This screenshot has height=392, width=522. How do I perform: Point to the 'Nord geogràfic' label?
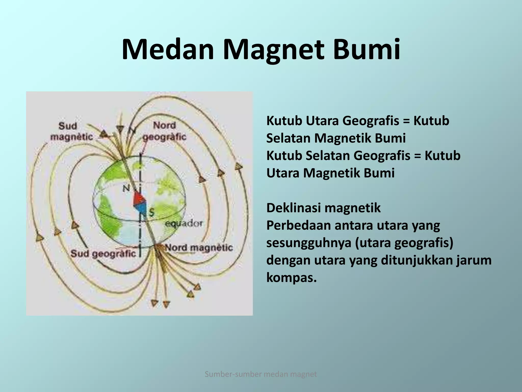coord(165,131)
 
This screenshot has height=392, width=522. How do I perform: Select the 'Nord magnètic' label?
coord(199,248)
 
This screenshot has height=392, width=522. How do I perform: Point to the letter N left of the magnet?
coord(126,188)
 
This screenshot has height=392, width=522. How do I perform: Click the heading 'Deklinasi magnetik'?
coord(323,208)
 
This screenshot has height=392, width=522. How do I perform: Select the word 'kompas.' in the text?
coord(291,277)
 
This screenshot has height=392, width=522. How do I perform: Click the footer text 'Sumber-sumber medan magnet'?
coord(261,374)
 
